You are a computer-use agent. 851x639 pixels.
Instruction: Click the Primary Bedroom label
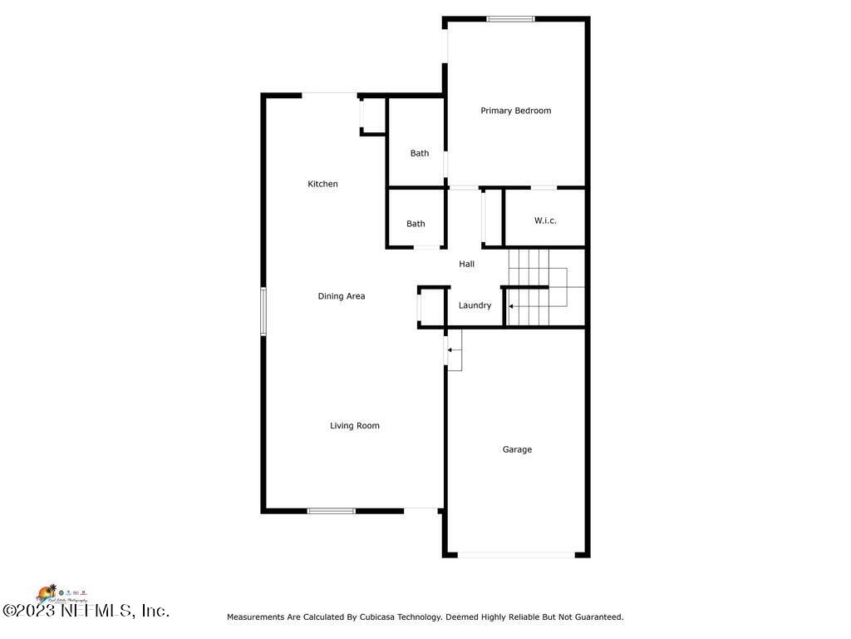pyautogui.click(x=515, y=111)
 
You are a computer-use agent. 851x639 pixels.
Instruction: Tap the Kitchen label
pyautogui.click(x=322, y=184)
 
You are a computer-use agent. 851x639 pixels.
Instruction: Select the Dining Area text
pyautogui.click(x=341, y=296)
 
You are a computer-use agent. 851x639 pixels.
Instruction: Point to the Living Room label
pyautogui.click(x=354, y=426)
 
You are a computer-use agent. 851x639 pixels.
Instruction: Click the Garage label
pyautogui.click(x=517, y=449)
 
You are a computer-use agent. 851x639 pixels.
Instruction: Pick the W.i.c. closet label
pyautogui.click(x=545, y=220)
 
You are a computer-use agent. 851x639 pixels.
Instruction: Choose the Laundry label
pyautogui.click(x=475, y=305)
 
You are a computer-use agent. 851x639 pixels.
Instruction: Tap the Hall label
pyautogui.click(x=467, y=264)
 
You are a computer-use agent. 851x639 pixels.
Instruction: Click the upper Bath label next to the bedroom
pyautogui.click(x=420, y=153)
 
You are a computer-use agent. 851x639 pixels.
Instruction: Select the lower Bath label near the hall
pyautogui.click(x=416, y=224)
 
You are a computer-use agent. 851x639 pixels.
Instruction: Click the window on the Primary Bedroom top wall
pyautogui.click(x=510, y=18)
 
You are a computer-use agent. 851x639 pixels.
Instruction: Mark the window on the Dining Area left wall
pyautogui.click(x=263, y=311)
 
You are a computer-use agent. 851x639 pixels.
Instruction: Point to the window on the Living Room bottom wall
pyautogui.click(x=331, y=510)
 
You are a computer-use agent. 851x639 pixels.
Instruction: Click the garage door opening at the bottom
pyautogui.click(x=515, y=554)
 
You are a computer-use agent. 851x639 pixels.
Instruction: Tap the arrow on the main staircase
pyautogui.click(x=512, y=306)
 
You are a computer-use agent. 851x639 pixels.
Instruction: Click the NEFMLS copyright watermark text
pyautogui.click(x=86, y=611)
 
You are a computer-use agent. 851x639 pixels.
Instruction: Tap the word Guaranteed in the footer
pyautogui.click(x=593, y=617)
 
